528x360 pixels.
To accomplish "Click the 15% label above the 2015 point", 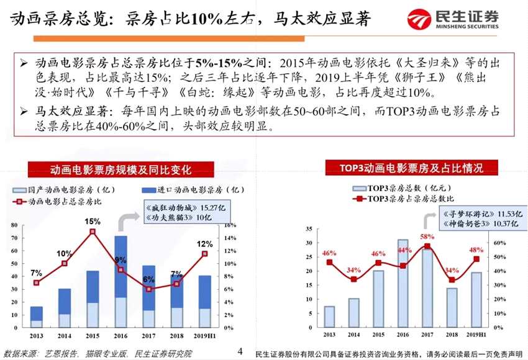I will tap(93, 222).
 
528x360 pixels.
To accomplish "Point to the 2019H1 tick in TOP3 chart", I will tap(476, 335).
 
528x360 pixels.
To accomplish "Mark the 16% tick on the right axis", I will tap(230, 225).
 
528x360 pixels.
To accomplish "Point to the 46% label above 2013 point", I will tap(329, 253).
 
